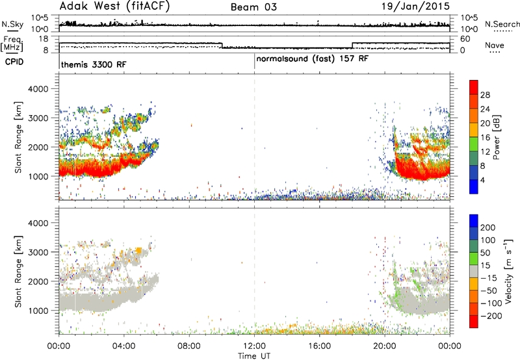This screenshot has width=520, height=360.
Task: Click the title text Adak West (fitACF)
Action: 114,6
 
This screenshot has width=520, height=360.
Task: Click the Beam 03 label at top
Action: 253,7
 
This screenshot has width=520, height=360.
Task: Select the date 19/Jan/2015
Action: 415,6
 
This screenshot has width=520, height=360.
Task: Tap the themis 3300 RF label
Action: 94,64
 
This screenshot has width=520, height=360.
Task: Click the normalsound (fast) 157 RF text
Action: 313,58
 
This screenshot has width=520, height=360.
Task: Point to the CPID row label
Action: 14,62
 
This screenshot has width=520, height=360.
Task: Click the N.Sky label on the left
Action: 12,24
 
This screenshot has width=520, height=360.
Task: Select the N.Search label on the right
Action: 502,24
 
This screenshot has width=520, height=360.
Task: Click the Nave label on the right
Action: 495,45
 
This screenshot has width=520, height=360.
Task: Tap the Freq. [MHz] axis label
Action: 12,44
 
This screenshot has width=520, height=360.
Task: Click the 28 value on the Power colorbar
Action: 485,95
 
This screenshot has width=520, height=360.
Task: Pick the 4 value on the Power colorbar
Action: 483,180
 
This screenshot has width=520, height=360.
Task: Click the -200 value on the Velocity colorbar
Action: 491,316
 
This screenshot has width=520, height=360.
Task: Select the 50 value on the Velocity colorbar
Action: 486,253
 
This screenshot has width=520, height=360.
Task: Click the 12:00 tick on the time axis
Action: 254,346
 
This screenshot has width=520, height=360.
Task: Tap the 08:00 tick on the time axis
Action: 189,346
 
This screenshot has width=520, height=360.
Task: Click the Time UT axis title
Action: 254,356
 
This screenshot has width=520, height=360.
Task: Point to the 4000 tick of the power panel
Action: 38,89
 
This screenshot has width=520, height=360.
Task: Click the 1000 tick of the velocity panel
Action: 38,311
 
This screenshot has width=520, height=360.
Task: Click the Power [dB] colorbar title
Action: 497,137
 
